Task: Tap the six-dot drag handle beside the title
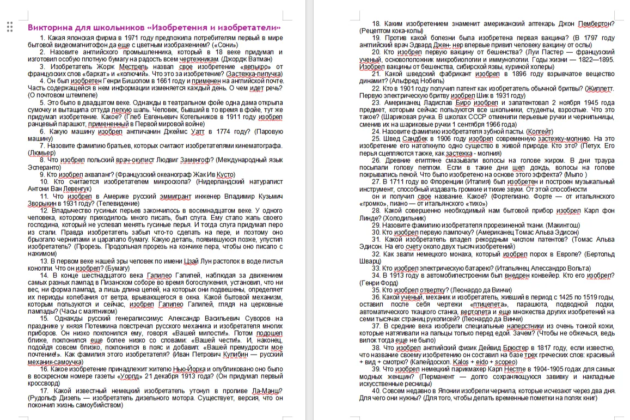click(10, 26)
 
